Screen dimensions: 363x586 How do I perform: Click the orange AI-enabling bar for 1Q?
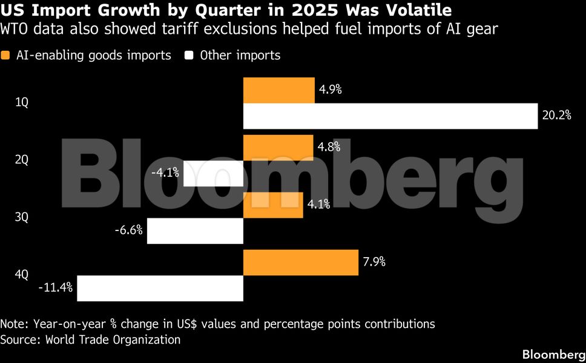click(278, 90)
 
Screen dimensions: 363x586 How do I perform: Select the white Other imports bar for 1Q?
click(390, 116)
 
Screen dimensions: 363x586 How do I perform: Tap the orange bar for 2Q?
click(278, 147)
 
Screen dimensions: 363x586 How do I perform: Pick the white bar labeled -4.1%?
click(213, 174)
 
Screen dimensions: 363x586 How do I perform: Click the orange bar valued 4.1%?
click(273, 205)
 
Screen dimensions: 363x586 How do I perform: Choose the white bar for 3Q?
click(195, 231)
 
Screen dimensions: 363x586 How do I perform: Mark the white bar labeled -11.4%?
click(160, 289)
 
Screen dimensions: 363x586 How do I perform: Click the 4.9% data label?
click(330, 90)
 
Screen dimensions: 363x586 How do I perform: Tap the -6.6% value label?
click(128, 230)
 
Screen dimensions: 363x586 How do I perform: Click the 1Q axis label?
click(22, 103)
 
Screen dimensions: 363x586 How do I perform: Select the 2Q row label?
click(22, 160)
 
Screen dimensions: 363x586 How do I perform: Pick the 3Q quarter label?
click(22, 217)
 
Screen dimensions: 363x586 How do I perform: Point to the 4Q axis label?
click(22, 275)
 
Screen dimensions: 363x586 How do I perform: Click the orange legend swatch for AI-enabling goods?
click(6, 56)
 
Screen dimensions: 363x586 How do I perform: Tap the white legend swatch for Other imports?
click(189, 56)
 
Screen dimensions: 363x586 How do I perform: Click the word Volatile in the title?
click(415, 10)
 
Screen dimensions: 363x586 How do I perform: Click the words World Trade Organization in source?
click(113, 339)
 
